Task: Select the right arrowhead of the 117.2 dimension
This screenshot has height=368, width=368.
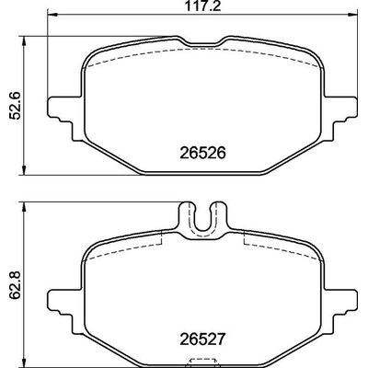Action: (x=345, y=16)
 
